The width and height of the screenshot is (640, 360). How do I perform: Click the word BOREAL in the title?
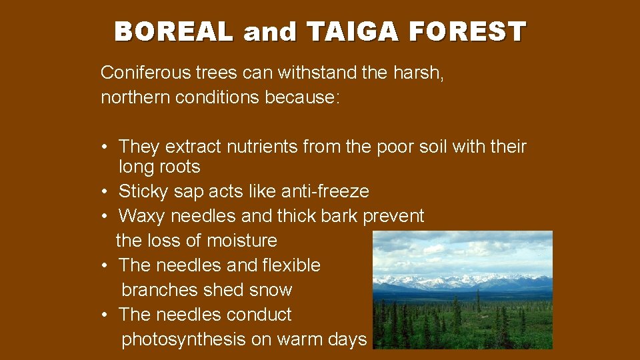pos(174,31)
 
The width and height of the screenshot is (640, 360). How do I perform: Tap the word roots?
pos(179,167)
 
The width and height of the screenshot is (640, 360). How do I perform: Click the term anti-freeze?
pos(325,191)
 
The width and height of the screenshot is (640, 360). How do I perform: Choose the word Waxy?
pos(142,216)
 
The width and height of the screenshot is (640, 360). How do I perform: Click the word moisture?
pos(241,240)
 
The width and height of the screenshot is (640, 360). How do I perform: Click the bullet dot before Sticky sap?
pos(105,192)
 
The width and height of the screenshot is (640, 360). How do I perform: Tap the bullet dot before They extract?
pos(105,147)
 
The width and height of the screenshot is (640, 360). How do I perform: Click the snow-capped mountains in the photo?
pos(460,280)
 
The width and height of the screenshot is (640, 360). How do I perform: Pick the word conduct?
pos(259,315)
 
